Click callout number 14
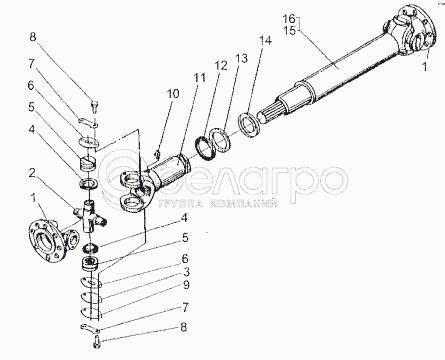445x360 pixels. point(266,41)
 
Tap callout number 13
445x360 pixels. point(241,59)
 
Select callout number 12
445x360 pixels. point(221,65)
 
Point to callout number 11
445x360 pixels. point(200,78)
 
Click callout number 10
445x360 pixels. point(173,94)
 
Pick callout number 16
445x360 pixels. point(289,18)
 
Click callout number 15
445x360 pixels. point(289,30)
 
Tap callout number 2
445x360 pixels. point(32,173)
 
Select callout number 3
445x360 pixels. point(186,272)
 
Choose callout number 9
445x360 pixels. point(186,285)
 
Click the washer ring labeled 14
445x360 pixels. point(249,124)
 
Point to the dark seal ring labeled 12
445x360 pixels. point(204,147)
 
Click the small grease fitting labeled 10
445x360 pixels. point(157,154)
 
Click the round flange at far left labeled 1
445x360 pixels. point(45,240)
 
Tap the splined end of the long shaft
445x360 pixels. point(272,112)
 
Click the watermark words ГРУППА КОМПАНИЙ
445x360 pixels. point(218,204)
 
